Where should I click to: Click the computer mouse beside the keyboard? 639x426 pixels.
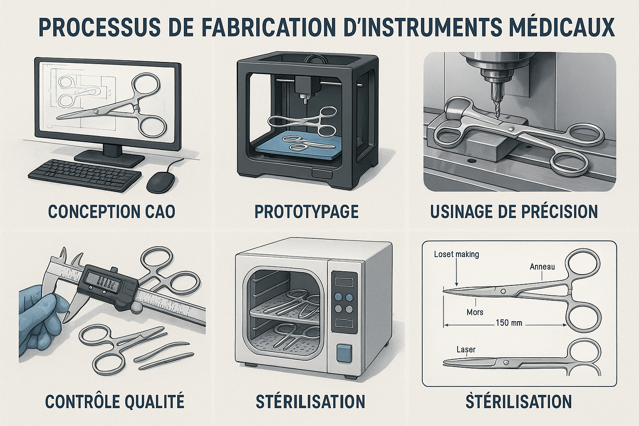[x=161, y=182]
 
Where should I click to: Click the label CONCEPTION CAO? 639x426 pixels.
[x=111, y=211]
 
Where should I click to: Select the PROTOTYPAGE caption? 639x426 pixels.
[x=307, y=211]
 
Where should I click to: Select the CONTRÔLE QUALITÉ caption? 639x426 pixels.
[x=114, y=401]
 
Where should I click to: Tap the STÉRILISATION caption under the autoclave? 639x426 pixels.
[x=310, y=401]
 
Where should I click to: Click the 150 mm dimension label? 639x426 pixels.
[x=509, y=323]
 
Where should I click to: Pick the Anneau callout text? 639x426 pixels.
[x=542, y=267]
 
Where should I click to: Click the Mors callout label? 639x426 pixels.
[x=475, y=312]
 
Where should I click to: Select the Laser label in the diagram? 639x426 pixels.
[x=466, y=349]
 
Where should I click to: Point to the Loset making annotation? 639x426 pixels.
[x=456, y=254]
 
